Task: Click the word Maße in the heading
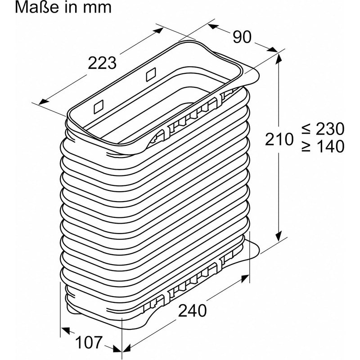pyautogui.click(x=36, y=7)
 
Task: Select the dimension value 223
pyautogui.click(x=102, y=63)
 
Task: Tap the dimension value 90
pyautogui.click(x=242, y=37)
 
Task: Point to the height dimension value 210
pyautogui.click(x=279, y=139)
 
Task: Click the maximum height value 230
pyautogui.click(x=330, y=129)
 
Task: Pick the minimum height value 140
pyautogui.click(x=330, y=146)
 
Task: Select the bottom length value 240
pyautogui.click(x=193, y=310)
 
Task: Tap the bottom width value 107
pyautogui.click(x=88, y=342)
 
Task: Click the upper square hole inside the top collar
pyautogui.click(x=151, y=74)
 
